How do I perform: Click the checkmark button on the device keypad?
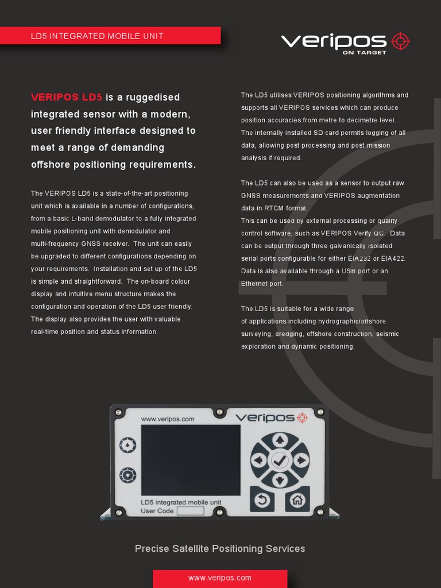280,460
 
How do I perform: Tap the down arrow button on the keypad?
280,480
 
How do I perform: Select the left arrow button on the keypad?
259,460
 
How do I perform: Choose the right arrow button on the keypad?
300,460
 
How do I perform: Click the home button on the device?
297,499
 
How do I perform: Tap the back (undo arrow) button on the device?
262,499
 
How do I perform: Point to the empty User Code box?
190,511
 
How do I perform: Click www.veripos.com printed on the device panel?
168,419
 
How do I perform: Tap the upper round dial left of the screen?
127,444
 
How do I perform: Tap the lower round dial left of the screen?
127,475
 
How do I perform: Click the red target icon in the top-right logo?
401,41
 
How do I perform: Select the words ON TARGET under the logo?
364,52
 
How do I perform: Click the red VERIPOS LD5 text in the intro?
67,97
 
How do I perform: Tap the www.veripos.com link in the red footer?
220,578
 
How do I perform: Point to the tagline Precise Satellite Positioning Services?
220,548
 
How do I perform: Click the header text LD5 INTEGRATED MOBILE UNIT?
97,36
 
